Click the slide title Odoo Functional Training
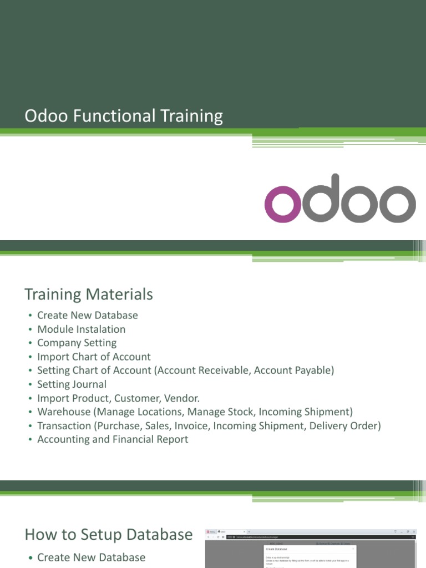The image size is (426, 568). coord(124,116)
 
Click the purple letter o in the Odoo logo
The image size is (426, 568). coord(283,204)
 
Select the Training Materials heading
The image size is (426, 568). coord(89,294)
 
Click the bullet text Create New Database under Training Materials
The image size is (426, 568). coord(87,315)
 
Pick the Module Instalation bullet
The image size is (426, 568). coord(81,329)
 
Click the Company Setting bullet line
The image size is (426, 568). coord(77,343)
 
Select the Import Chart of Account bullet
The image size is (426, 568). coord(94,357)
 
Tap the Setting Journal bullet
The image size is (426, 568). coord(72,384)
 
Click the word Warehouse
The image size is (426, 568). coord(63,412)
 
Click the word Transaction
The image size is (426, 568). coord(64,425)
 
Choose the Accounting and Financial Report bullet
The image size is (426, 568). coord(113,439)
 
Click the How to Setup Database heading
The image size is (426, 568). coord(109,535)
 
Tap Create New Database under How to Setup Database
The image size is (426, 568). coord(91,557)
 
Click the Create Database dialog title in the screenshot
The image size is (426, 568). coord(276,549)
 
